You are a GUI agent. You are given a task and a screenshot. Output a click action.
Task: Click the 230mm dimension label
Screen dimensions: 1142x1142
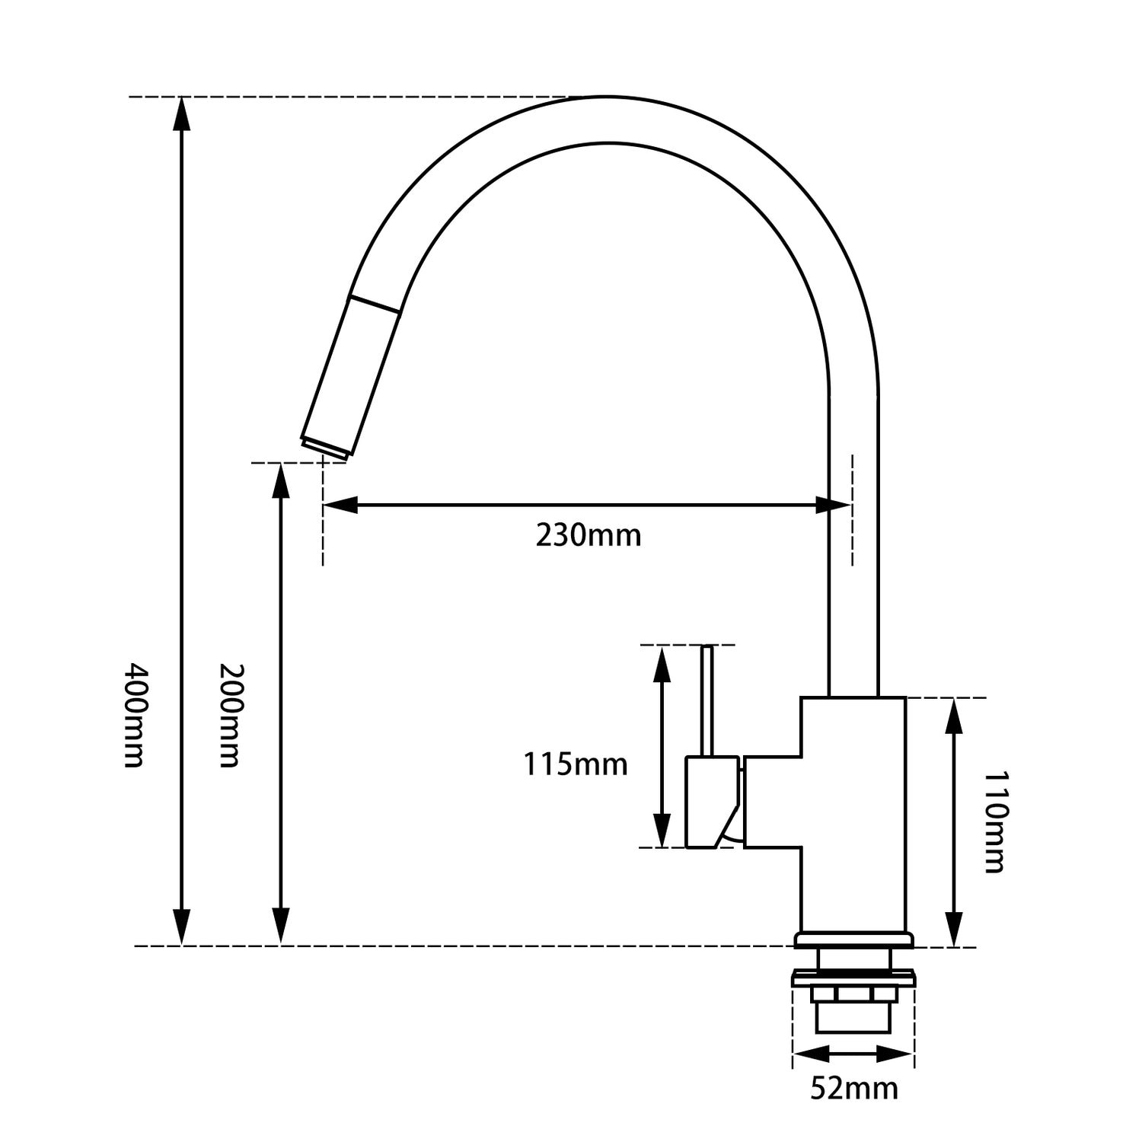pyautogui.click(x=588, y=535)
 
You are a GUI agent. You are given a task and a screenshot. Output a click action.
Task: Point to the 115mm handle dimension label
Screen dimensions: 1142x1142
pyautogui.click(x=575, y=764)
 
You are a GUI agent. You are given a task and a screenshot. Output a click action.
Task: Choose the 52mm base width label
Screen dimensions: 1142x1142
pyautogui.click(x=853, y=1088)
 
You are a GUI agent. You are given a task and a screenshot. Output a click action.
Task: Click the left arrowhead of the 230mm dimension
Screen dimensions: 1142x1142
pyautogui.click(x=340, y=505)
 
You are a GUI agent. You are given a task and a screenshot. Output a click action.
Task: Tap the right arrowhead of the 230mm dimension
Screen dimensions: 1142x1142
pyautogui.click(x=833, y=505)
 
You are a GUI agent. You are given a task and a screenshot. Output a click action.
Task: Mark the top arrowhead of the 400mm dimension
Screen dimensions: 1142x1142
pyautogui.click(x=181, y=114)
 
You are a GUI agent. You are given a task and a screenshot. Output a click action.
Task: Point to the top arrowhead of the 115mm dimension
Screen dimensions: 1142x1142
pyautogui.click(x=662, y=662)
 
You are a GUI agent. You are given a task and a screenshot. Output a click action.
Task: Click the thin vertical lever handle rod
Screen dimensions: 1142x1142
pyautogui.click(x=707, y=700)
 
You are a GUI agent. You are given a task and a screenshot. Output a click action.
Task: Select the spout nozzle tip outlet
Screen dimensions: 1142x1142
pyautogui.click(x=325, y=448)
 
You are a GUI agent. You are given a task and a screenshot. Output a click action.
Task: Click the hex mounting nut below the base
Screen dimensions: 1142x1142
pyautogui.click(x=853, y=994)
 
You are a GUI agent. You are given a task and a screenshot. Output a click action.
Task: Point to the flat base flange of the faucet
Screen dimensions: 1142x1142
pyautogui.click(x=853, y=940)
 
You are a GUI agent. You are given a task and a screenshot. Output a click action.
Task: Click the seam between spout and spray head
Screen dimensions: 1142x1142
pyautogui.click(x=374, y=304)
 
